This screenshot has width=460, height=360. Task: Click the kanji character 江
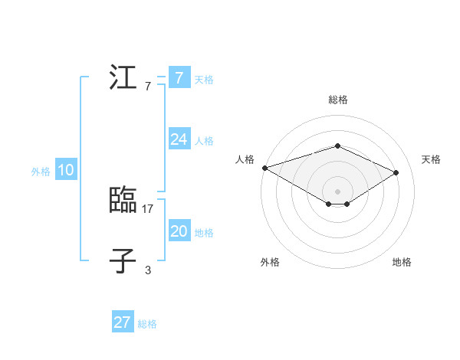click(123, 79)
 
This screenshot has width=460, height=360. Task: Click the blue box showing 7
click(179, 78)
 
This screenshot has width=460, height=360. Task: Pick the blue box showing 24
click(179, 139)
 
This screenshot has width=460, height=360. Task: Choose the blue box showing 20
click(179, 231)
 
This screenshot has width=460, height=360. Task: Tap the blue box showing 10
click(65, 171)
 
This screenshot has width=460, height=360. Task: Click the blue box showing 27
click(122, 322)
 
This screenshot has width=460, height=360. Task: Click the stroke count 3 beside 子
click(148, 270)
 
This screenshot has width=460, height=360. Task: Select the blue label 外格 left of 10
click(41, 172)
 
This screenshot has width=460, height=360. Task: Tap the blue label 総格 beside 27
click(147, 324)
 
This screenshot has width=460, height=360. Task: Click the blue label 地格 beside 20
click(204, 233)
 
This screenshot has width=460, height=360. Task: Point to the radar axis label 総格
click(337, 100)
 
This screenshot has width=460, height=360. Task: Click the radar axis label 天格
click(431, 159)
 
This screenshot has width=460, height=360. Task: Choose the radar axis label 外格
click(270, 262)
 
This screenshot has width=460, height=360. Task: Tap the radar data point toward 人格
click(264, 167)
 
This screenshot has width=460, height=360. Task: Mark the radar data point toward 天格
click(396, 172)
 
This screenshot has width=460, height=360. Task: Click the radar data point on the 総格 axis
click(337, 146)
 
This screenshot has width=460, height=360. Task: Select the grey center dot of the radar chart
click(337, 191)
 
